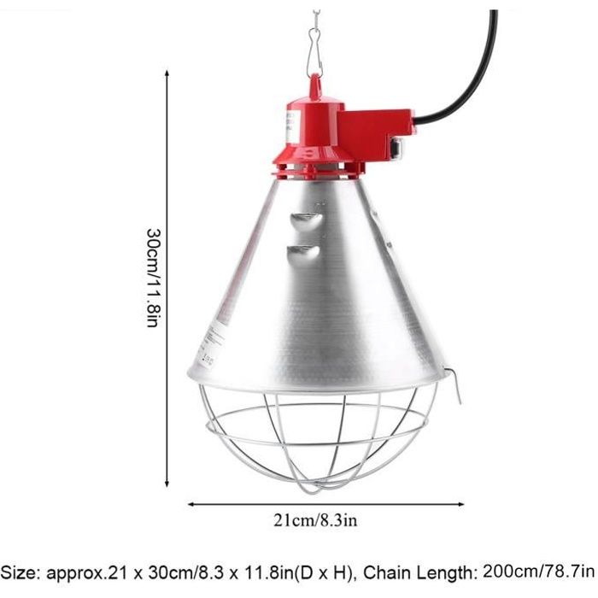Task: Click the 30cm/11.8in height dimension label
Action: click(x=152, y=278)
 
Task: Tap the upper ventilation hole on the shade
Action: click(x=307, y=220)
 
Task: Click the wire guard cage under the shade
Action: click(x=316, y=436)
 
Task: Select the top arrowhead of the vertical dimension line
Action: click(x=167, y=75)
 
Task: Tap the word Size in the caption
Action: click(x=24, y=571)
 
